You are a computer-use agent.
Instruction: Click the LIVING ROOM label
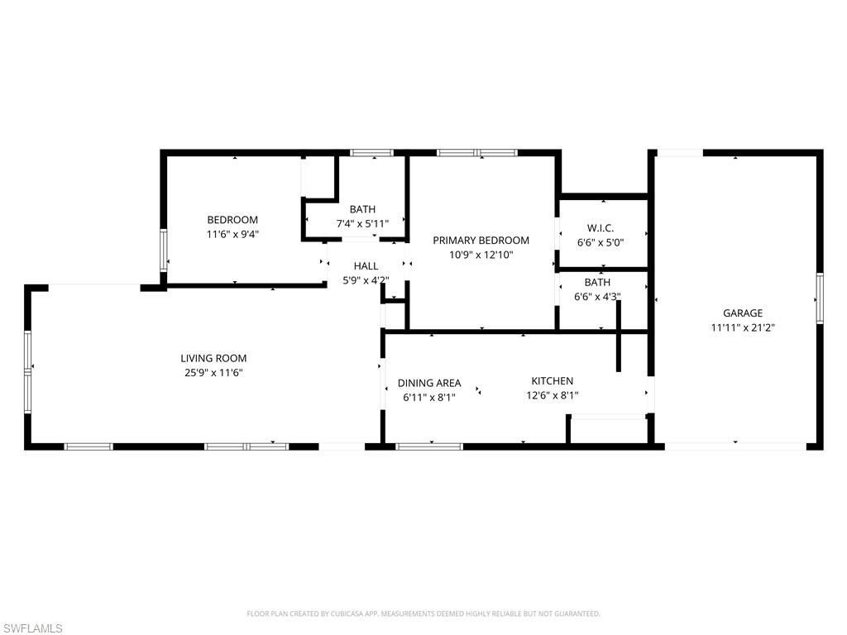coord(213,358)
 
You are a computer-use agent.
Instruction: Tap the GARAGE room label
coord(742,313)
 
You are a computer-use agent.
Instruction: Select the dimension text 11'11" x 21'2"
coord(742,327)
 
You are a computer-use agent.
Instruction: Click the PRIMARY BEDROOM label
coord(481,240)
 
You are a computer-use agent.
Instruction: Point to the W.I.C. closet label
coord(600,228)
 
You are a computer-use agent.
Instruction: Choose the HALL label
coord(366,265)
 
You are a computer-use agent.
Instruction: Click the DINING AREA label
coord(428,383)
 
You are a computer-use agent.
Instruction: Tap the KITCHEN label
coord(552,380)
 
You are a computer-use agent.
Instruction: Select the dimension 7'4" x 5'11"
coord(362,224)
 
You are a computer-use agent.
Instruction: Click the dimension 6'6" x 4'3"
coord(597,296)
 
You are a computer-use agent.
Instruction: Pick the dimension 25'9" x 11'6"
coord(213,373)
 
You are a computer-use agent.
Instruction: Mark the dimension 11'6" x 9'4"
coord(232,234)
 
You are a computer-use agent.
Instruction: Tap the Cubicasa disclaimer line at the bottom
coord(423,614)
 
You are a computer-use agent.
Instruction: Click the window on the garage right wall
coord(819,298)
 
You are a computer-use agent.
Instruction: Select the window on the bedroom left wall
coord(164,249)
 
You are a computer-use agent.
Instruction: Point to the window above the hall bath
coord(370,152)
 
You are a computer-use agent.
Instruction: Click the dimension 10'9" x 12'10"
coord(481,255)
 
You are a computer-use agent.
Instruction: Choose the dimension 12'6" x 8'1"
coord(552,395)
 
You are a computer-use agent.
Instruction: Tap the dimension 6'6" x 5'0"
coord(600,243)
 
